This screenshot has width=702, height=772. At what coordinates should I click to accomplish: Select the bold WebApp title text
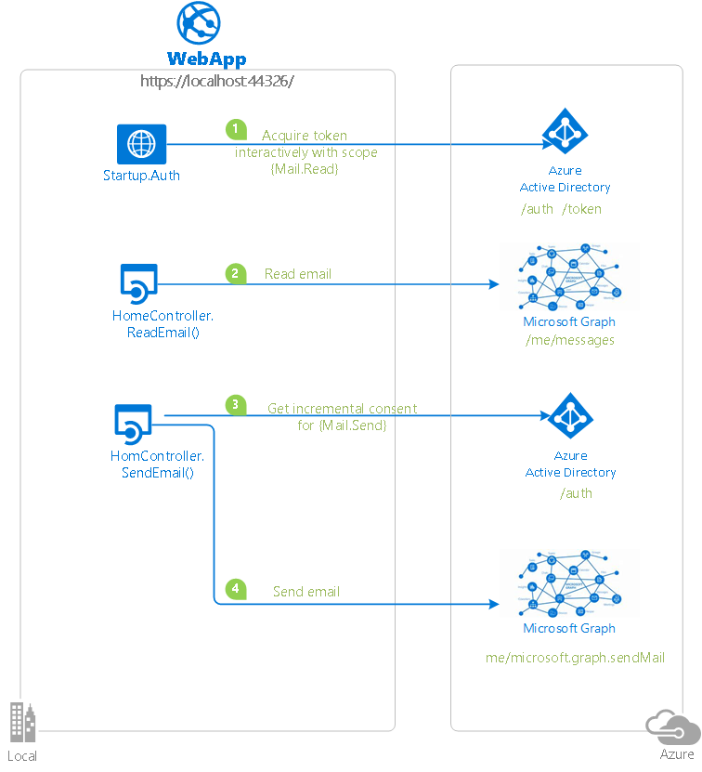point(206,59)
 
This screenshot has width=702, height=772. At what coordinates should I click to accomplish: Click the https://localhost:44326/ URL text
point(216,81)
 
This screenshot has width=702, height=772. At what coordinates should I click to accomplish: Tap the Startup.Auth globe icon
point(141,144)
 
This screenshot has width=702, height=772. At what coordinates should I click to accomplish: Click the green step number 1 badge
point(236,129)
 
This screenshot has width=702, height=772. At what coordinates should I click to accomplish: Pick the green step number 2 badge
point(236,273)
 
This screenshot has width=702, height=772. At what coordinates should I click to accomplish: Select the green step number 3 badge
point(236,405)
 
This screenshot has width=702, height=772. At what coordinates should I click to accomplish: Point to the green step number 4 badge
point(236,589)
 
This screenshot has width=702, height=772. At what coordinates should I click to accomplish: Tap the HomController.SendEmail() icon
point(133,423)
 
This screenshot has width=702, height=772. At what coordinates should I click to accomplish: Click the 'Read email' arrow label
point(297,274)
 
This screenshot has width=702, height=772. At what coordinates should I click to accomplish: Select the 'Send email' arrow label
point(305,592)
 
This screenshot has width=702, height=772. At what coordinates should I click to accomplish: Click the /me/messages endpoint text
point(569,340)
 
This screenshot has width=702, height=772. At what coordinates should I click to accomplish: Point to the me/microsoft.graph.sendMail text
point(575,658)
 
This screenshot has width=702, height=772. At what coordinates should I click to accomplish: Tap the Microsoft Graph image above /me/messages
point(569,277)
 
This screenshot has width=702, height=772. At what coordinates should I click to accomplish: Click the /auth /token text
point(561,209)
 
